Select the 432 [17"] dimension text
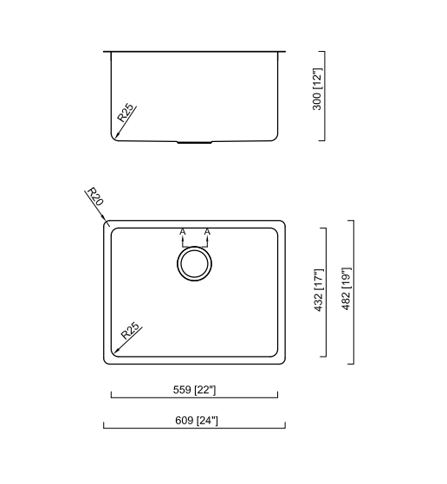318,291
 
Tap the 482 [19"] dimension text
346,291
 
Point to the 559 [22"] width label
194,390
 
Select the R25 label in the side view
126,113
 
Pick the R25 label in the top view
130,332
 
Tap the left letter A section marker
182,232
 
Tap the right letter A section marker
208,232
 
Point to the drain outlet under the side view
194,140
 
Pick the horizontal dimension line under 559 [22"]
194,398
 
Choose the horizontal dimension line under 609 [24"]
194,428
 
